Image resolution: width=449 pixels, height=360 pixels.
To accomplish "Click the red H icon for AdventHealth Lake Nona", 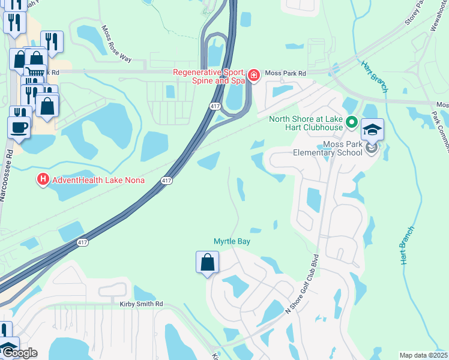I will coord(43,179).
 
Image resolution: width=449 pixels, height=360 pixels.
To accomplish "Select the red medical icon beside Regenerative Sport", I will coord(255,75).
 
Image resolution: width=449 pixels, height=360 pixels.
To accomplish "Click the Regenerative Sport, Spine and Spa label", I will coord(209,76).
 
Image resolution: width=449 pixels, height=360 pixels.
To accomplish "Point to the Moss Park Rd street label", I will coord(286,73).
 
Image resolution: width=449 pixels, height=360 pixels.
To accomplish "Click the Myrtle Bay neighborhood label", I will coord(232,241).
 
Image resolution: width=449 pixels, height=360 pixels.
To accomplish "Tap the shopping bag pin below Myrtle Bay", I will coord(207,262).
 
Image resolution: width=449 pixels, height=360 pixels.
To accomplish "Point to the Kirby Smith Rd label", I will coord(140,304).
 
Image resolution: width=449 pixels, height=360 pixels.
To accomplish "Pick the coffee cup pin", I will coord(19,127).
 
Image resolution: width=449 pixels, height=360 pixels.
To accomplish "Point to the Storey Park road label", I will coord(415,12).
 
